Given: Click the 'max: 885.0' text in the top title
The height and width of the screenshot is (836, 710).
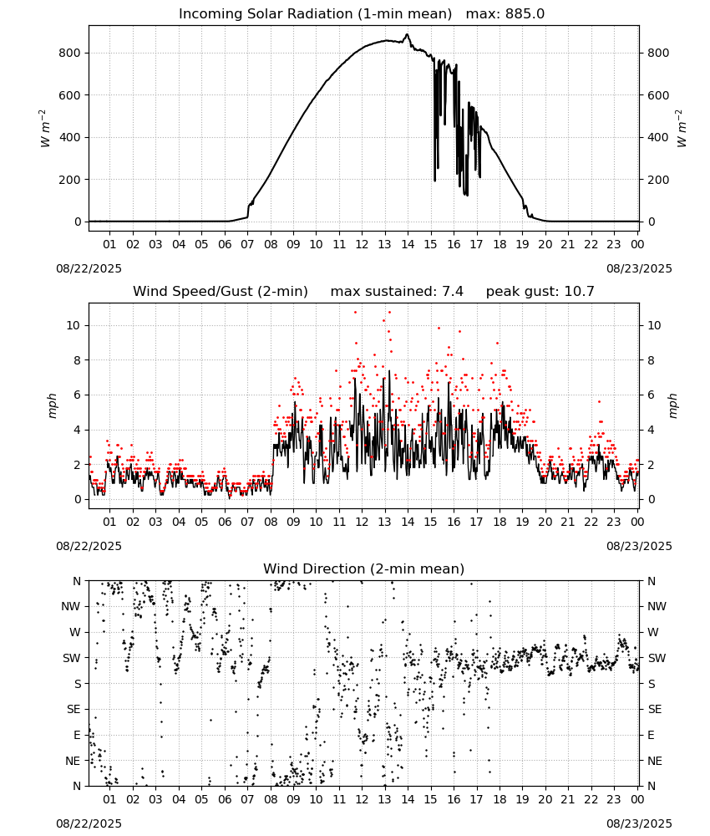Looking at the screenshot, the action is [505, 14].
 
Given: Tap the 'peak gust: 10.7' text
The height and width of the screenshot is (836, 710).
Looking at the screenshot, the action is [540, 291].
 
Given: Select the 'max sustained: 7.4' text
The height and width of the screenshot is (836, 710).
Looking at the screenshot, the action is [397, 291].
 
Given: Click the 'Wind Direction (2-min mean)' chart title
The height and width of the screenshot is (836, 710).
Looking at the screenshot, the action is [364, 568].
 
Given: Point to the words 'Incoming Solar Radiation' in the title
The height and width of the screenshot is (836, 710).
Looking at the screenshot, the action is [266, 14].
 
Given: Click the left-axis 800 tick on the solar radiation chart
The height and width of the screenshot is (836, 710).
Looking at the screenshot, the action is [70, 53].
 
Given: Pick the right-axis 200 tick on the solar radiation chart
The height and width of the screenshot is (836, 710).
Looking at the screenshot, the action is [658, 180].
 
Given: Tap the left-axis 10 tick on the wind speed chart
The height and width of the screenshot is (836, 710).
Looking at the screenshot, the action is [74, 326].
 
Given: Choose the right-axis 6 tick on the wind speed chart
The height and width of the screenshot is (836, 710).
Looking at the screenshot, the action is [651, 395].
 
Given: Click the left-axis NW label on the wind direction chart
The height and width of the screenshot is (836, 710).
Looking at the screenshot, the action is [71, 606].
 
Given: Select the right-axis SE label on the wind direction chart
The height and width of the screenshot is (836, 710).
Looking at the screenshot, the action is [655, 709].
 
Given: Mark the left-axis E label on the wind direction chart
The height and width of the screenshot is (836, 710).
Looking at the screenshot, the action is [77, 735].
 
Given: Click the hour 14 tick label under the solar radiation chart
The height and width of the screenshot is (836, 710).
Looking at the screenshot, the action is [408, 244].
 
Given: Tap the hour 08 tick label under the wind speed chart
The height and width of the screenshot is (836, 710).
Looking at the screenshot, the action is [271, 522].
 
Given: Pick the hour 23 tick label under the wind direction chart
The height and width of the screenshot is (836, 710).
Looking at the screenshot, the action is [614, 799].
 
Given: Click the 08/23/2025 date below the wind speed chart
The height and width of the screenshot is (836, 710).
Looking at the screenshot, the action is [639, 546].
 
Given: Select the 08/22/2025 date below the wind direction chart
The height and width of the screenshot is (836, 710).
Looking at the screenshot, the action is [89, 823].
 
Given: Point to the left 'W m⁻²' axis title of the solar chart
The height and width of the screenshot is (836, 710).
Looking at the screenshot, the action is [44, 129].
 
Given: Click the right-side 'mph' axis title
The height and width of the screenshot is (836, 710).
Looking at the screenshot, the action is [672, 405].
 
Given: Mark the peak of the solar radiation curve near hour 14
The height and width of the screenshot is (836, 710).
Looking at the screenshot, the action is [407, 34].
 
